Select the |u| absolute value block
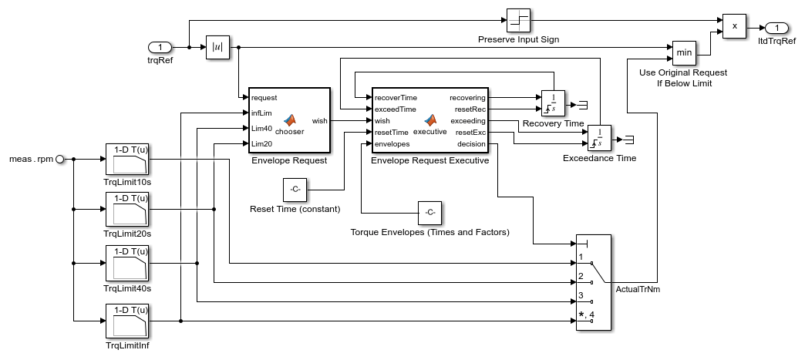coord(217,48)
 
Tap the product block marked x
coord(734,25)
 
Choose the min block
coord(684,53)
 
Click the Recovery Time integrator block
coord(554,104)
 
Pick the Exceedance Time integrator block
coord(600,138)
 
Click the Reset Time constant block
coord(296,189)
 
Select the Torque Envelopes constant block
coord(429,211)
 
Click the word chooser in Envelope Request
coord(290,131)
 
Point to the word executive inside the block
coord(430,131)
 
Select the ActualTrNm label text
coord(638,289)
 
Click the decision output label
coord(471,143)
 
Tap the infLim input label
coord(260,113)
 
